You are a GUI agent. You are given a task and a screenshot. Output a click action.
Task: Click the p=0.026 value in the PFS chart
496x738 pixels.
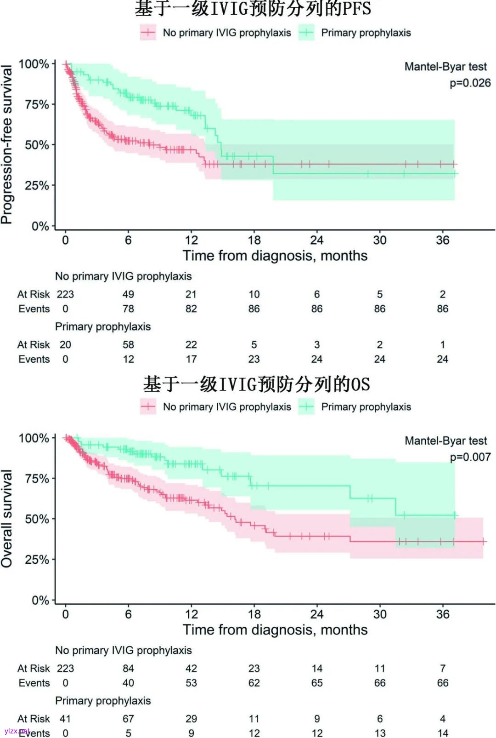click(470, 83)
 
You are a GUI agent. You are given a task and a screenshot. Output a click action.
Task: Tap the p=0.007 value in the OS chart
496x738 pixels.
click(470, 457)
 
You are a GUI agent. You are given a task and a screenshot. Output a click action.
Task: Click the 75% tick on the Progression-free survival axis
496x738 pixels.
click(37, 104)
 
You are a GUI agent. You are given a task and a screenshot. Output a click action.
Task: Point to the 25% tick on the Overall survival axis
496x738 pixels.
click(37, 560)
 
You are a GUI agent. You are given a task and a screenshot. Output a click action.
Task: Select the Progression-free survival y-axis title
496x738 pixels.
click(7, 144)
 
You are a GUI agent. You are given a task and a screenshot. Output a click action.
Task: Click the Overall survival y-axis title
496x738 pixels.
click(7, 518)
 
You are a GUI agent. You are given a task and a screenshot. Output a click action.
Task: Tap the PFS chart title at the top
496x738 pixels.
click(253, 8)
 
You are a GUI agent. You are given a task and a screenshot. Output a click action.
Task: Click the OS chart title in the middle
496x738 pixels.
click(256, 384)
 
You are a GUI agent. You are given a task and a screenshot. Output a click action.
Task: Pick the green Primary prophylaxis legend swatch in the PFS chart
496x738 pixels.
click(306, 33)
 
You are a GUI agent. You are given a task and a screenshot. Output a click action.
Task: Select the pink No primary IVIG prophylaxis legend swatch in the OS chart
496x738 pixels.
click(148, 407)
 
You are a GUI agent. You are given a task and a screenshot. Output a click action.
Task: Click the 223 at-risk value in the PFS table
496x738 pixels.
click(65, 294)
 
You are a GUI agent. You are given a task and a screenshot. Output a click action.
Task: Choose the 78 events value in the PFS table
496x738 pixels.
click(128, 309)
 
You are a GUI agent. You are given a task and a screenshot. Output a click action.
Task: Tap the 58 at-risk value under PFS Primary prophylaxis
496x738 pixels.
click(128, 344)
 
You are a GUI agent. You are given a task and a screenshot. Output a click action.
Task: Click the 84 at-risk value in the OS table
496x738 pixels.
click(128, 668)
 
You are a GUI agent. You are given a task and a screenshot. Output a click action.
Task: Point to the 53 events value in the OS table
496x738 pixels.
click(191, 683)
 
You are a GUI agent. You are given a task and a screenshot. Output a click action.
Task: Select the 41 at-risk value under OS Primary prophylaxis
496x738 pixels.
click(65, 719)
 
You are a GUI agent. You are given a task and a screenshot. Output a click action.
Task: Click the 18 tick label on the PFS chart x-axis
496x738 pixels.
click(254, 240)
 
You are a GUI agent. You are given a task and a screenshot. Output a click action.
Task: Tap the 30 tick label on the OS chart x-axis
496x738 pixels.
click(380, 614)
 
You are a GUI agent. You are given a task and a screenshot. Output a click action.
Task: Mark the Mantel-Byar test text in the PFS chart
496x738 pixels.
click(445, 67)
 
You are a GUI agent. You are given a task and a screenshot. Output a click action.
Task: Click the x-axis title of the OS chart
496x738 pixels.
click(275, 629)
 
